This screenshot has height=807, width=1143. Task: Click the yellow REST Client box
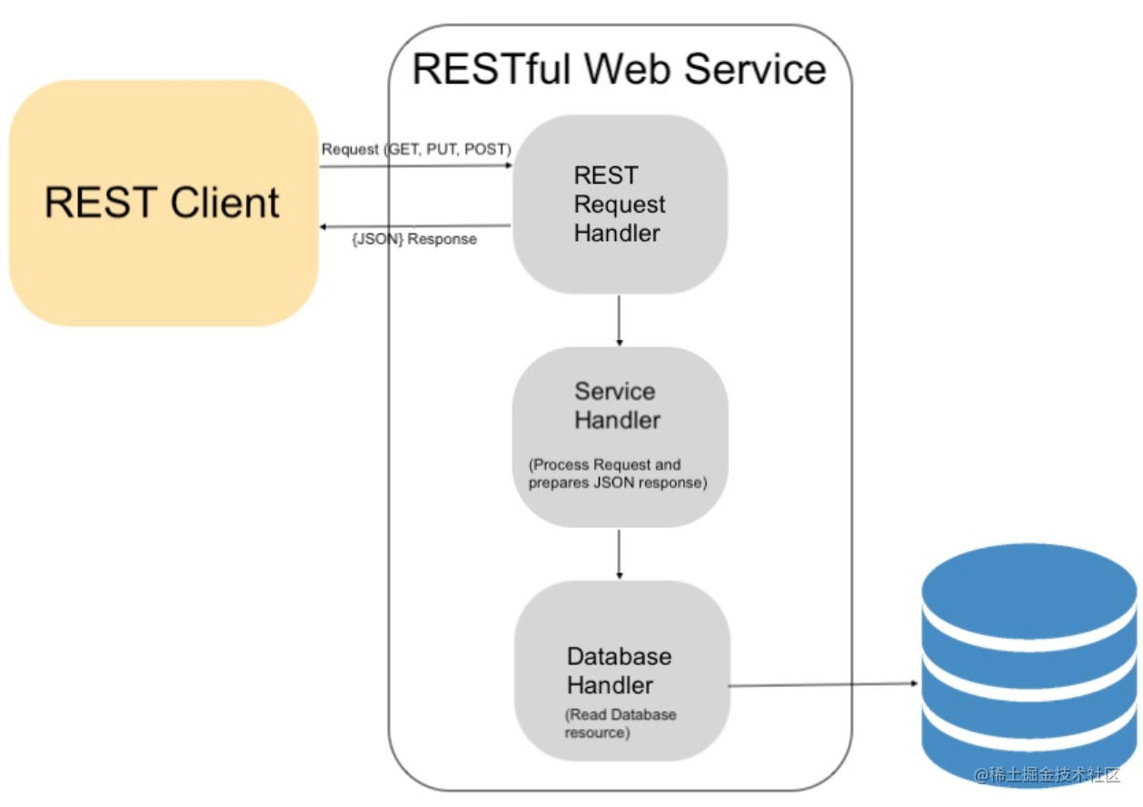coord(164,203)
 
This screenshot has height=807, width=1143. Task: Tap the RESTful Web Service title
coord(619,69)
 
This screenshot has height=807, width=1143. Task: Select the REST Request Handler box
coord(620,204)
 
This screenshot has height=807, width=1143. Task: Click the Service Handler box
coord(620,436)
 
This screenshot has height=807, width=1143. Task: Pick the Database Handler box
coord(621,671)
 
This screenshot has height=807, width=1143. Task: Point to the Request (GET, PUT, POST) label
coord(416,149)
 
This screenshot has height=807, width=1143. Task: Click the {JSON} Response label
coord(413,240)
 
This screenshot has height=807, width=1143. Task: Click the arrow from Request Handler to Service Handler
coord(620,320)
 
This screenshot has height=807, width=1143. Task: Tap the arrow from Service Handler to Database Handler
coord(620,553)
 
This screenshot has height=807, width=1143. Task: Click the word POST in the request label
coord(486,149)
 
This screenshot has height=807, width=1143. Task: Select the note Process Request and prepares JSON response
coord(617,473)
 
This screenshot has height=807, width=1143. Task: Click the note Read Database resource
coord(620,723)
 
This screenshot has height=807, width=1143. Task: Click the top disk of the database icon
coord(1029,582)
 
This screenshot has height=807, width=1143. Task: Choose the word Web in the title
coord(628,69)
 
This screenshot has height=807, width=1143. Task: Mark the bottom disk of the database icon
coord(1029,750)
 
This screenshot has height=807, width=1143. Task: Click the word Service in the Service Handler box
coord(614,392)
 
